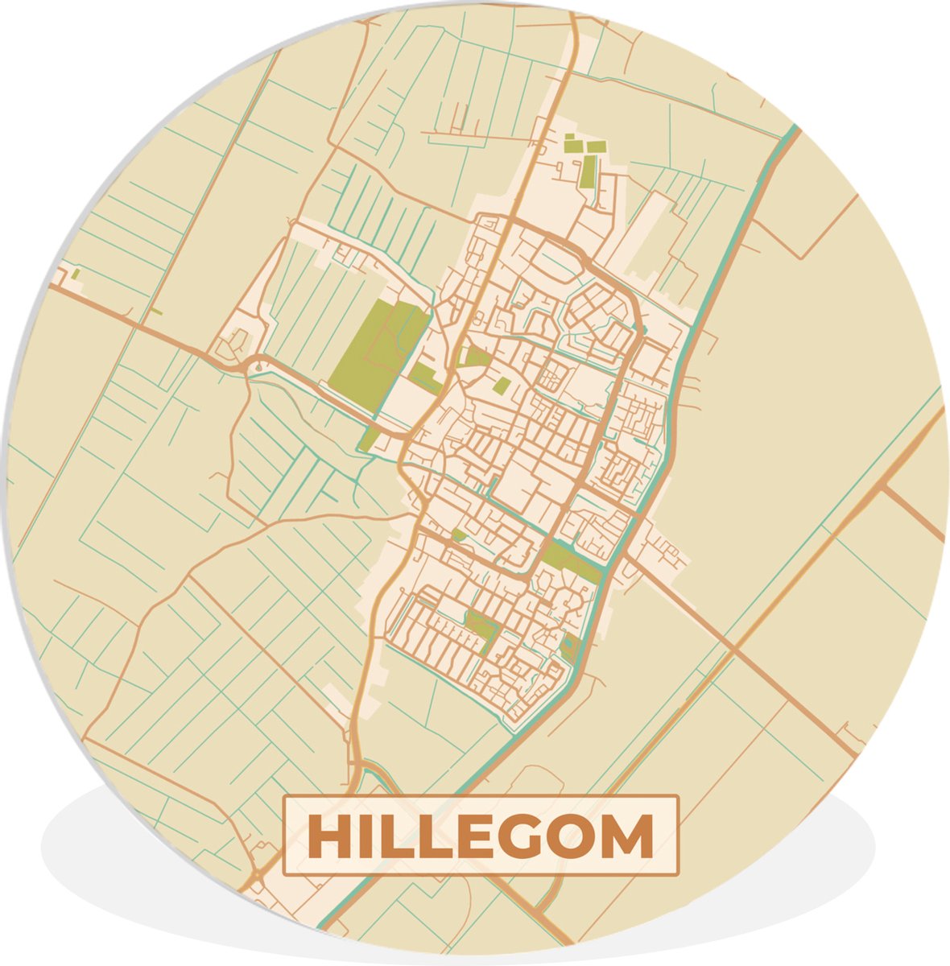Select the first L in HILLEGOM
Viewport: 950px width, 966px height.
pyautogui.click(x=391, y=837)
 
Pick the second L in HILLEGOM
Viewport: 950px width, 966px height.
pyautogui.click(x=432, y=837)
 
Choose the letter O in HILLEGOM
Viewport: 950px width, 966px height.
pyautogui.click(x=574, y=837)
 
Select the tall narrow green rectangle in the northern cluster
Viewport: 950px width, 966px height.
pyautogui.click(x=589, y=171)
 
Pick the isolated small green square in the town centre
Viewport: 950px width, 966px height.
pyautogui.click(x=502, y=386)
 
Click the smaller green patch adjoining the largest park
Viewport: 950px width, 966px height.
pyautogui.click(x=423, y=376)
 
